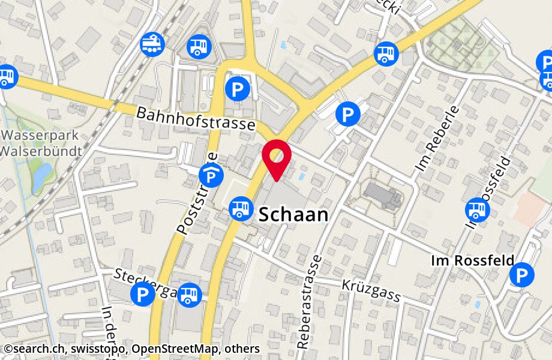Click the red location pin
[x=277, y=157]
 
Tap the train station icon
[x=152, y=44]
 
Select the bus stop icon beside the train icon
[x=198, y=46]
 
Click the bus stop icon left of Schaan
[x=241, y=209]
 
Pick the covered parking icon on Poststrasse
[x=209, y=176]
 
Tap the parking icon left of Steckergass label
[x=142, y=295]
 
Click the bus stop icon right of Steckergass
[x=190, y=294]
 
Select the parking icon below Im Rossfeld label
[x=521, y=275]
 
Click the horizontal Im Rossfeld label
[x=473, y=261]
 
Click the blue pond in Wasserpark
[x=41, y=176]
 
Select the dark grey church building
[x=382, y=196]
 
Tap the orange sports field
[x=530, y=208]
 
